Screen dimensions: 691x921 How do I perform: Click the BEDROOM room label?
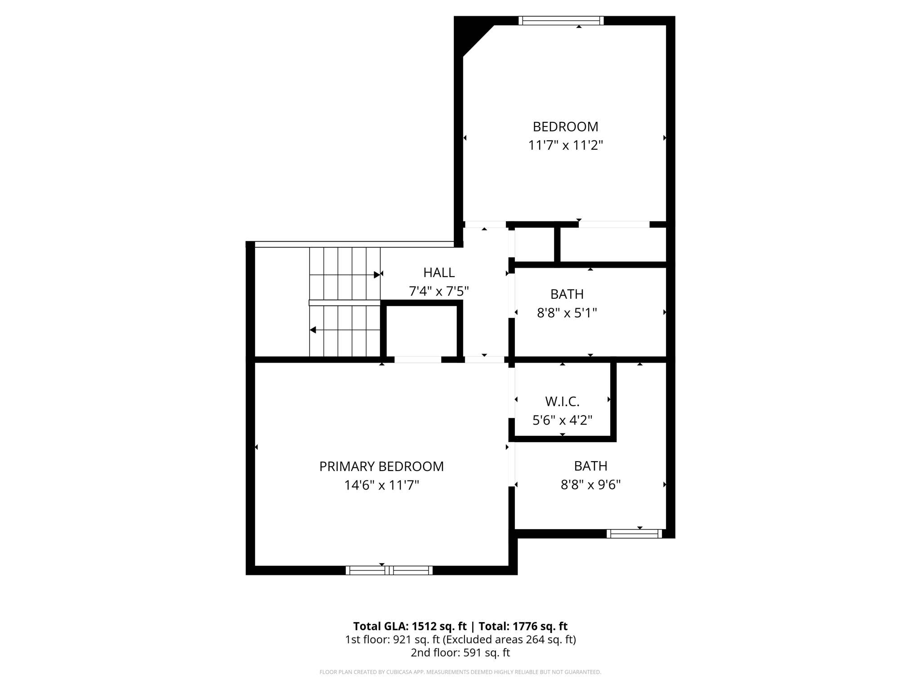565,126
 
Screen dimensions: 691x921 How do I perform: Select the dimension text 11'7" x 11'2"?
565,145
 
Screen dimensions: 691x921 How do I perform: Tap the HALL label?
439,273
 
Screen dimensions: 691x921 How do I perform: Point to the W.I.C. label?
562,401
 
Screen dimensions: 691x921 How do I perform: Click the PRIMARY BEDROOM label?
381,467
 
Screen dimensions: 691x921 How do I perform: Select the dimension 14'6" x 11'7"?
381,485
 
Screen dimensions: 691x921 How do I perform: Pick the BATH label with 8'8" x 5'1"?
567,294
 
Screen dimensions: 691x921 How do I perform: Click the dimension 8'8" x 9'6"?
590,485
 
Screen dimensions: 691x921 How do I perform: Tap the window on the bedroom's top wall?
561,20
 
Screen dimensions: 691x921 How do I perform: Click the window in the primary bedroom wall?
389,570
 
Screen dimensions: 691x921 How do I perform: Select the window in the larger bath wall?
634,534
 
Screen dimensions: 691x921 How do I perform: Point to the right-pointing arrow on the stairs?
376,274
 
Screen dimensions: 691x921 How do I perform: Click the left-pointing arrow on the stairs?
313,330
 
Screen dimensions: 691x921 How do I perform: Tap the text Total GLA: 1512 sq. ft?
410,626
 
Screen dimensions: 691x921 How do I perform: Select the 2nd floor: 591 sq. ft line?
460,653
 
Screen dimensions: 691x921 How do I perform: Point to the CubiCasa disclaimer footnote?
460,672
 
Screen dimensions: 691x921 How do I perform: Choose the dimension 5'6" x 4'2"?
562,420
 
